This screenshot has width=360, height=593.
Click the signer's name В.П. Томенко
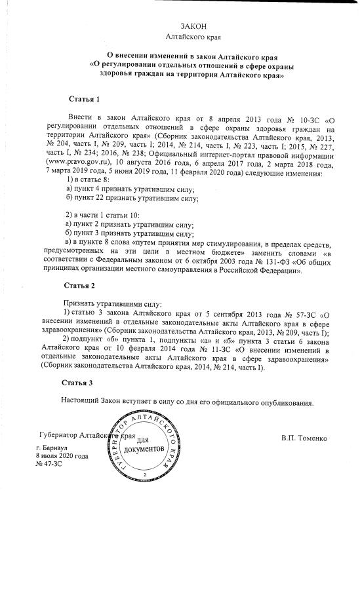click(305, 436)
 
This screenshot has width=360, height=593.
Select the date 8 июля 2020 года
click(62, 455)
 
